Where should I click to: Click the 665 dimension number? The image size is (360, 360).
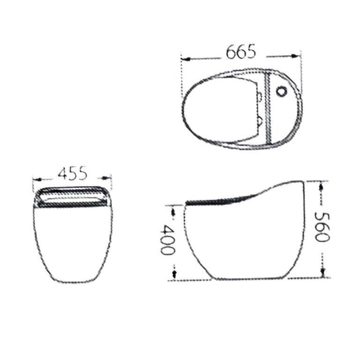241,52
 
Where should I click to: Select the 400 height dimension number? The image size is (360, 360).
165,240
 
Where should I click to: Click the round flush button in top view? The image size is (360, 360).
282,92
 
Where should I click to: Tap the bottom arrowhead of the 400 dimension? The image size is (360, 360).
174,273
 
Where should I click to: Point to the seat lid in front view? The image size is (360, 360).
73,196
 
